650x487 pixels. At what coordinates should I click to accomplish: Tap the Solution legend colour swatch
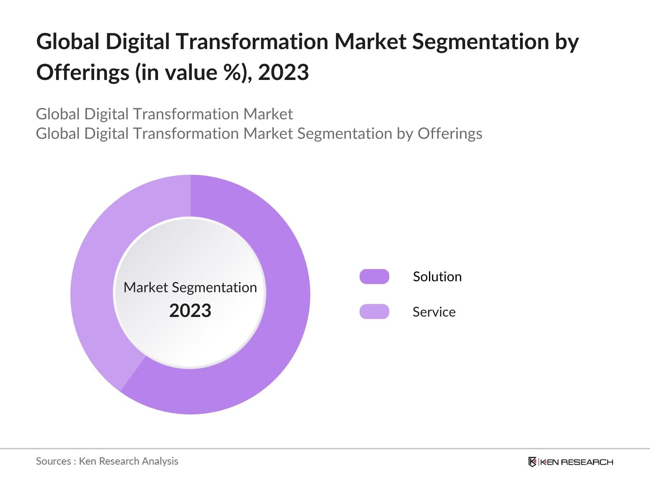coord(374,276)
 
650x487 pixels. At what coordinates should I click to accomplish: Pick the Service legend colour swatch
coord(374,311)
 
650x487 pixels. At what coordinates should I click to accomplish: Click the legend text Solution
coord(437,277)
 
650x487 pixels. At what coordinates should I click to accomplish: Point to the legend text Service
coord(434,312)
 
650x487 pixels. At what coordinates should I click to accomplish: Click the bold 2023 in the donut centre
coord(190,310)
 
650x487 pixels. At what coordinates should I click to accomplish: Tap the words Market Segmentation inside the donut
coord(190,287)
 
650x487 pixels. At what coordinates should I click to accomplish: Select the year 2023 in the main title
coord(284,72)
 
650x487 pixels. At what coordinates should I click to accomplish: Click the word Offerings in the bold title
coord(83,73)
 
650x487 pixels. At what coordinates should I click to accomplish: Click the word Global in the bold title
coord(68,41)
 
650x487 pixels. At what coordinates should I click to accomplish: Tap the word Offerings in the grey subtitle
coord(450,134)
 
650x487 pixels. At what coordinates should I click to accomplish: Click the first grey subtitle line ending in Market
coord(165,114)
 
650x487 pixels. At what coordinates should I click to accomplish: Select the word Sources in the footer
coord(54,461)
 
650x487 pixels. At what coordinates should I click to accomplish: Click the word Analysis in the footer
coord(160,461)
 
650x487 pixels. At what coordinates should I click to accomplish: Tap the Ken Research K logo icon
coord(532,462)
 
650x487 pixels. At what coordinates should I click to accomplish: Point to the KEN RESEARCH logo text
coord(576,462)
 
